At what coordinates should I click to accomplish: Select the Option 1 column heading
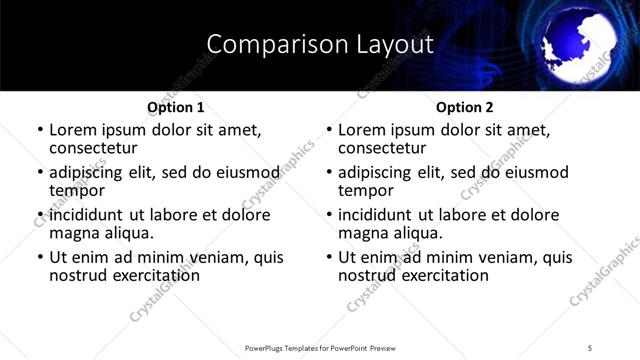[x=175, y=107]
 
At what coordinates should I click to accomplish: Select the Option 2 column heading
[x=464, y=107]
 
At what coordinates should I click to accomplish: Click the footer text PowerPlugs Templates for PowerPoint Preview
[x=319, y=348]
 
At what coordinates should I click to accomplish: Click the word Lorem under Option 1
[x=73, y=130]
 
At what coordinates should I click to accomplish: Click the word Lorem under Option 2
[x=362, y=130]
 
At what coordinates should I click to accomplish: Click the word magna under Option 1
[x=73, y=233]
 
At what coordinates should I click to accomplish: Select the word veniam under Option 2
[x=502, y=257]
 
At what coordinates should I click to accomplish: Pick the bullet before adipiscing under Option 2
[x=329, y=173]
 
